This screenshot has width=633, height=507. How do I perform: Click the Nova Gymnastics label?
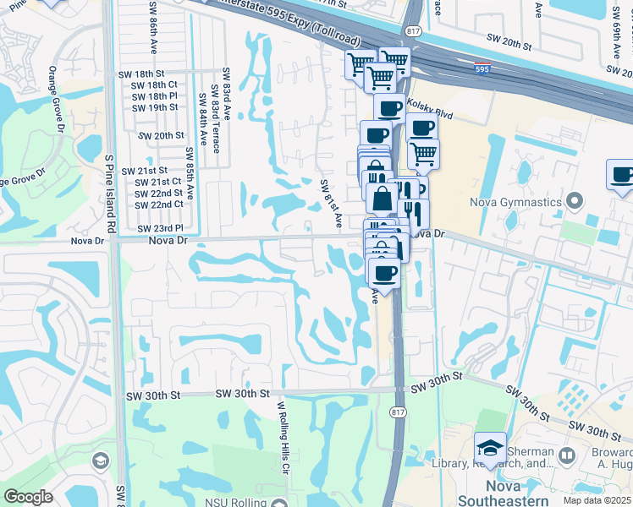517,202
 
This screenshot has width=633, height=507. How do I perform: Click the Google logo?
28,497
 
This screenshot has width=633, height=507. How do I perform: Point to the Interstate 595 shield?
481,70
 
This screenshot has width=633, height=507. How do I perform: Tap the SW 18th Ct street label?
155,85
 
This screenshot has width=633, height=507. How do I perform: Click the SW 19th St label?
155,107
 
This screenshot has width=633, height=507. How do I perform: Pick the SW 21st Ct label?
159,182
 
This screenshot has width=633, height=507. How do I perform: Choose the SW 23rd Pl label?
160,229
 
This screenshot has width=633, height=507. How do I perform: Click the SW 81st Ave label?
331,203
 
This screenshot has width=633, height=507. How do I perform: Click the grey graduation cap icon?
100,461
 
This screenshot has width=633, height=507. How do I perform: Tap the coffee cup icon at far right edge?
622,176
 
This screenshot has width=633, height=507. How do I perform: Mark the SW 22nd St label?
159,194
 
